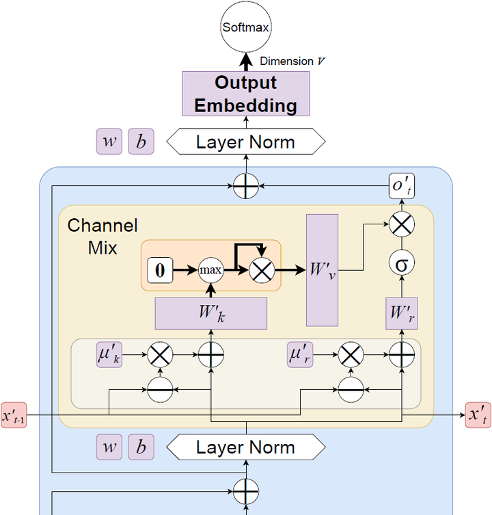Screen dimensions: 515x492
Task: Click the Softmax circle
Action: coord(246,28)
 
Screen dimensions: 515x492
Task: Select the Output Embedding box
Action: coord(246,94)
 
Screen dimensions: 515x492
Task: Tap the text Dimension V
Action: coord(292,61)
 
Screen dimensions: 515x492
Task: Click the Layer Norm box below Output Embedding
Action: coord(245,142)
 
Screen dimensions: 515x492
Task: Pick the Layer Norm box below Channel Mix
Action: coord(245,447)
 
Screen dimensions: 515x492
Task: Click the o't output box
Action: coord(401,186)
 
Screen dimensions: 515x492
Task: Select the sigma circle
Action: coord(401,263)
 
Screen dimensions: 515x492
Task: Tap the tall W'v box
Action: coord(322,269)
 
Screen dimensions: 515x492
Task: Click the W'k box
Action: coord(210,314)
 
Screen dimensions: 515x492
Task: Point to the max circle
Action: coord(210,270)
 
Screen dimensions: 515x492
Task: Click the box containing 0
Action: coord(160,270)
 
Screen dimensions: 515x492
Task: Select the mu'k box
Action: coord(109,355)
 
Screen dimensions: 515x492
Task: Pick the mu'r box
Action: coord(299,355)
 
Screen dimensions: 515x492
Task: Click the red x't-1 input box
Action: coord(14,414)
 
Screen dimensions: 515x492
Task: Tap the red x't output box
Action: coord(478,414)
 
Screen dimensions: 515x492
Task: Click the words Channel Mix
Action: coord(102,236)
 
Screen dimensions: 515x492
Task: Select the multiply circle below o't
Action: coord(401,224)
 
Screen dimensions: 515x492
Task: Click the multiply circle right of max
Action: coord(261,270)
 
